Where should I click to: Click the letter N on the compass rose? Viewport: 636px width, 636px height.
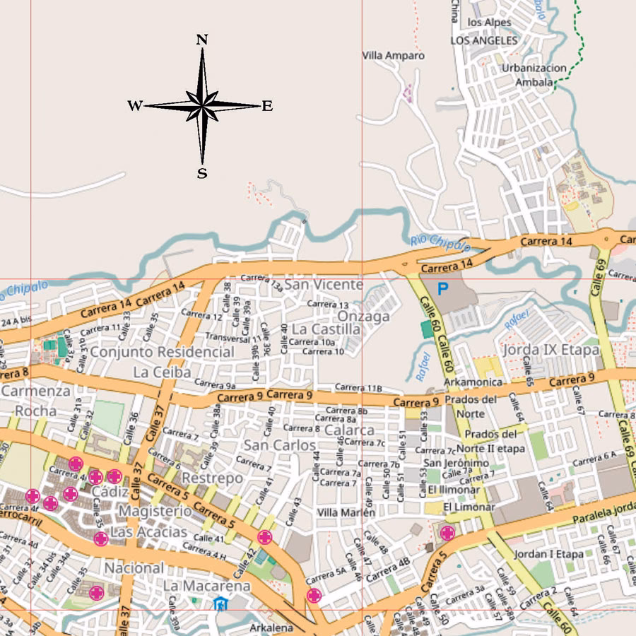(x=202, y=40)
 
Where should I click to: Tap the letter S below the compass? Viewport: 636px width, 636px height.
(x=202, y=173)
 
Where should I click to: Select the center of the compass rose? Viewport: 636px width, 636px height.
(x=202, y=106)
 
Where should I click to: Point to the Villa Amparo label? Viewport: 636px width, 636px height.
(x=394, y=55)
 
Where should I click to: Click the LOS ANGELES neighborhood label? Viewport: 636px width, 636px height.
(x=484, y=40)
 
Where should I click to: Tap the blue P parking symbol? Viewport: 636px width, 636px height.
(x=443, y=288)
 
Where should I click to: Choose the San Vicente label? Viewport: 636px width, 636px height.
(x=324, y=284)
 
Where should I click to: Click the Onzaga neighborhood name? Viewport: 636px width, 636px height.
(x=363, y=316)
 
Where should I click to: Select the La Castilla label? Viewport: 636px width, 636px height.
(x=325, y=329)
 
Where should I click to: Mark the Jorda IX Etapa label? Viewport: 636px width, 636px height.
(x=550, y=350)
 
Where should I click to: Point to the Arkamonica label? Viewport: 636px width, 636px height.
(x=473, y=382)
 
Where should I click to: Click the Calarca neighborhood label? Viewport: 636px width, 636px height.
(x=349, y=430)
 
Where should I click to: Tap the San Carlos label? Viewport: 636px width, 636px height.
(x=280, y=445)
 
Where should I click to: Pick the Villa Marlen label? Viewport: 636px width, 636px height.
(x=346, y=512)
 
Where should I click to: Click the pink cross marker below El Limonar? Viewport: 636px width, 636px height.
(x=447, y=532)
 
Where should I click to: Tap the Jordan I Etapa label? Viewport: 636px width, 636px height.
(x=550, y=554)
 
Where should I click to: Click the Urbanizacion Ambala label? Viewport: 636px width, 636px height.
(x=534, y=75)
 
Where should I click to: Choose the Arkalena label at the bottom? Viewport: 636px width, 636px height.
(x=271, y=628)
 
